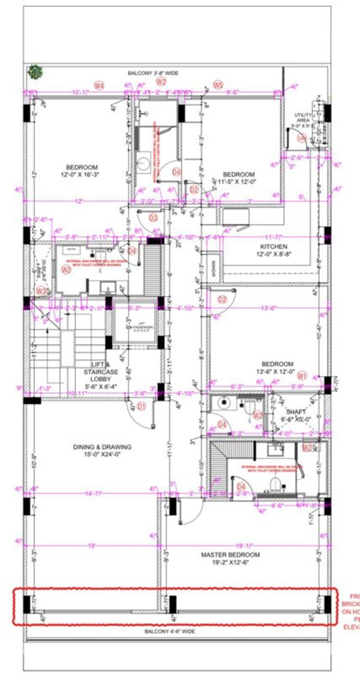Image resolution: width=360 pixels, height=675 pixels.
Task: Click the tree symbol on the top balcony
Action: point(35,72)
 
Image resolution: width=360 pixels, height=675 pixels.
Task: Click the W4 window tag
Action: point(99,86)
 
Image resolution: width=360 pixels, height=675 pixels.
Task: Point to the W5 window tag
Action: point(217,85)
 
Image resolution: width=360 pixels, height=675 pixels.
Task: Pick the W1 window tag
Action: point(302,376)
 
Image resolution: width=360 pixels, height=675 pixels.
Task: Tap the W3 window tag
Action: point(42,291)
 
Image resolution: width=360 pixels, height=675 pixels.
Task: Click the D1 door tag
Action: point(142,406)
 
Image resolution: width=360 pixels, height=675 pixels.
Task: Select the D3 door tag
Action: point(153,218)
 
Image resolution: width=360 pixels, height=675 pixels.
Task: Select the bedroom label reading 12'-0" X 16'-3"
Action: point(81,171)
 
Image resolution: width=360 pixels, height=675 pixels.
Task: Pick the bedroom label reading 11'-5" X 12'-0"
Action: point(239,178)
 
